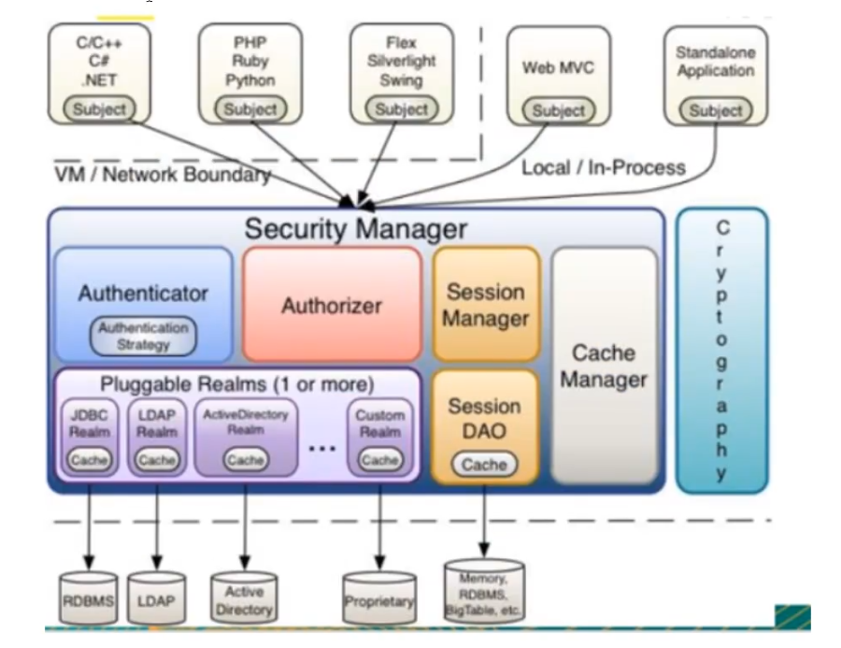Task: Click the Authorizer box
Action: point(332,305)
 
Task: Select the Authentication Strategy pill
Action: point(144,336)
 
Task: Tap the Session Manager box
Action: point(486,305)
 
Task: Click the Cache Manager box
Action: point(604,366)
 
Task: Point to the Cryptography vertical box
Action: point(722,351)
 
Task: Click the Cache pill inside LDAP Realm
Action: point(157,460)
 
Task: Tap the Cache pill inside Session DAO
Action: point(484,465)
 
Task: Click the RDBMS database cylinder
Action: point(89,598)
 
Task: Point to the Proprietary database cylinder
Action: point(379,599)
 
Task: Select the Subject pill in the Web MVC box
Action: point(558,110)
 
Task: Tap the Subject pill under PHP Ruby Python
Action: point(250,108)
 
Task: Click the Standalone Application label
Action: point(715,63)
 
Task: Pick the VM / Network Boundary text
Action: point(159,175)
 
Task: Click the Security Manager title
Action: point(355,228)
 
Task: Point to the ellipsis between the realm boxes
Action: point(321,449)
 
